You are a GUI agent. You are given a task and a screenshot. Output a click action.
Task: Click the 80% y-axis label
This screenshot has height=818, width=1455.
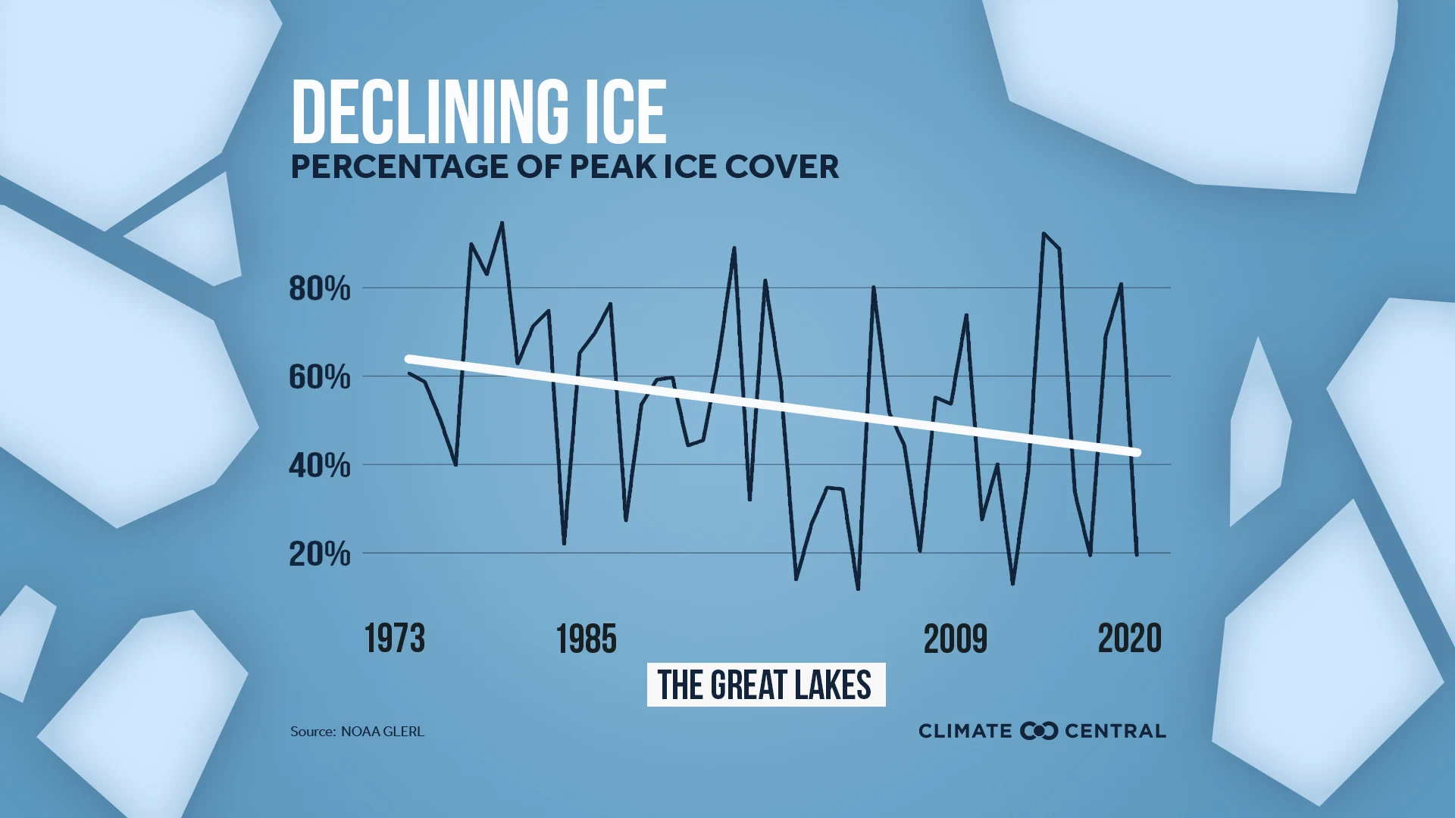coord(319,289)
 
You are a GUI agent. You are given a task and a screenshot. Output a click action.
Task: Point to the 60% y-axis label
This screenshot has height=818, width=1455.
coord(319,377)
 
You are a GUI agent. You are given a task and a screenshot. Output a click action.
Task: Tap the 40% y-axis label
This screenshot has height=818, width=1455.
coord(319,465)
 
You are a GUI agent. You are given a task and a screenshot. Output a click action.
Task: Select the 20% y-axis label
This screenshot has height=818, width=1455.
coord(319,554)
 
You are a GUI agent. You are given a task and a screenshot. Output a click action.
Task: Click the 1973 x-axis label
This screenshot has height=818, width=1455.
coord(394,638)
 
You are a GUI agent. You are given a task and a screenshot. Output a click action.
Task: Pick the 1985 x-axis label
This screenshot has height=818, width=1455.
coord(586,638)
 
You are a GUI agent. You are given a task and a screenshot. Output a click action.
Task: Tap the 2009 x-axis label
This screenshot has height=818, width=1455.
coord(955,638)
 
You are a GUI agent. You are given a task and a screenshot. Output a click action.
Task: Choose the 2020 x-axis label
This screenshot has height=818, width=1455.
coord(1129,638)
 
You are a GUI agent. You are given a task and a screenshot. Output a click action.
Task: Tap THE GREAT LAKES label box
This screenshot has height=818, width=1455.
coord(765,685)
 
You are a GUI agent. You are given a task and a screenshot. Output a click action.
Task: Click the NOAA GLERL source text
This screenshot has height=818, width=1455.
coord(382,732)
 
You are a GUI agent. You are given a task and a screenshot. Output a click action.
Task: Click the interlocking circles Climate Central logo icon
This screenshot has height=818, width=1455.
coord(1038,731)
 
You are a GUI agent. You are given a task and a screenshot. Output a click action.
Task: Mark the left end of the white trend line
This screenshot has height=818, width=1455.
coord(409,359)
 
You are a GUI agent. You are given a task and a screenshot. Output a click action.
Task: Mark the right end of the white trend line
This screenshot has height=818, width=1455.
coord(1137,453)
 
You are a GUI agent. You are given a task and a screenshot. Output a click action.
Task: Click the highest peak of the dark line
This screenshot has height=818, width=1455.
coord(502,223)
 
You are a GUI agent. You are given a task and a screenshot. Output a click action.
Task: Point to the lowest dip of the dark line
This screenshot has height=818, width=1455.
coord(858,589)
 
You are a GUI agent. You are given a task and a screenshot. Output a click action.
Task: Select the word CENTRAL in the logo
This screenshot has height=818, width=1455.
coord(1115,731)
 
